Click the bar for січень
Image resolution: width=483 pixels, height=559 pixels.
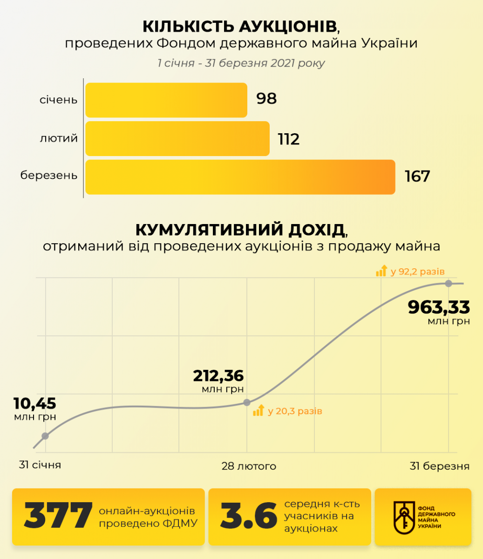(166, 100)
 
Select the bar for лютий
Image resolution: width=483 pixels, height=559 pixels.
(177, 139)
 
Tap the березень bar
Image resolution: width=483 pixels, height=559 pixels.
(240, 177)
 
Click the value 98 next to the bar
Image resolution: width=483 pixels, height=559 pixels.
(266, 99)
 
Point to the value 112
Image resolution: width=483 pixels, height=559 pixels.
(289, 139)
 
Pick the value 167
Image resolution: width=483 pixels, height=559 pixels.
(417, 177)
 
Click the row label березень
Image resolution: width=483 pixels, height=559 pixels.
(49, 176)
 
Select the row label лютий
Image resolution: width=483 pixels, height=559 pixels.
(59, 138)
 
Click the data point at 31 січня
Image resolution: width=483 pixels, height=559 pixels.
(45, 436)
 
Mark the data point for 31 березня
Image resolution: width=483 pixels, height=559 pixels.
(449, 283)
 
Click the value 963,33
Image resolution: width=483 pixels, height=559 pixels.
(439, 307)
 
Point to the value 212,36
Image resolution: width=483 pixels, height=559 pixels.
(218, 375)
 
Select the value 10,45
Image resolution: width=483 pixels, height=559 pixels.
(34, 403)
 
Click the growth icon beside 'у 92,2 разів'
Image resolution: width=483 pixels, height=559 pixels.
(381, 271)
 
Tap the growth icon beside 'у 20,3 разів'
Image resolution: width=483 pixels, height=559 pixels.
(258, 410)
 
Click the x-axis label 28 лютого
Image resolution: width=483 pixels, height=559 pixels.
(249, 466)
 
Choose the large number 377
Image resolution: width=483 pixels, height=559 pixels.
(58, 516)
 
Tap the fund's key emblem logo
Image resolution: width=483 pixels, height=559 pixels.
(403, 517)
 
